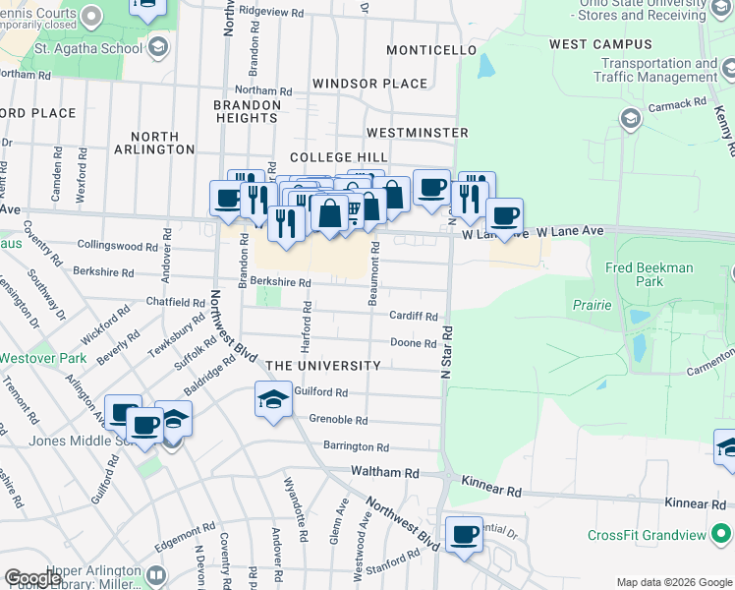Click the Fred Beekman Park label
pos(650,274)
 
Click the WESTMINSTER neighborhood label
pos(417,132)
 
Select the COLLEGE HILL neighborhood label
pos(338,157)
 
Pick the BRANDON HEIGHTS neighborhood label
pos(247,110)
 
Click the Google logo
pos(32,578)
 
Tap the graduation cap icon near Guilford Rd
pos(273,398)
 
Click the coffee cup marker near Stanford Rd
pos(464,535)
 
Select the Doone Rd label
pos(413,343)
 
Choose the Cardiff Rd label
pos(413,317)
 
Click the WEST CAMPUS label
pos(600,44)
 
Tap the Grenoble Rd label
pos(338,420)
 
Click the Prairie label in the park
pos(592,305)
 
